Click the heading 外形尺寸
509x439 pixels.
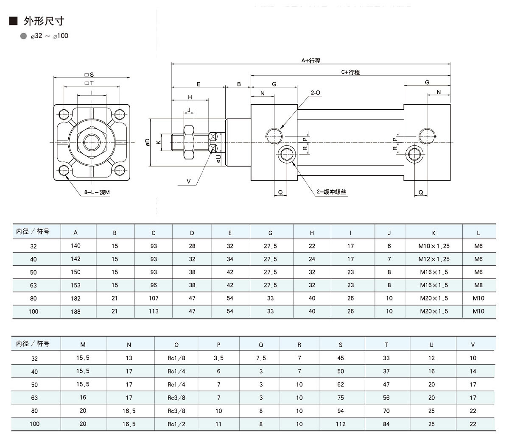click(x=41, y=21)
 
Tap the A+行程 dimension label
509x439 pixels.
click(x=310, y=61)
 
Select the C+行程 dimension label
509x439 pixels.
click(x=350, y=72)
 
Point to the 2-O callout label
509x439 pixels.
click(x=316, y=92)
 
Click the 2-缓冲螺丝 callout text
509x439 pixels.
click(x=332, y=192)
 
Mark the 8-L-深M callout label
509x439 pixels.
click(x=96, y=192)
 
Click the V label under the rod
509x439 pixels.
click(x=189, y=181)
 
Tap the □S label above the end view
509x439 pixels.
click(x=89, y=75)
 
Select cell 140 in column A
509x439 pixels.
click(x=76, y=246)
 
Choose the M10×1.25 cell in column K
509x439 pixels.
click(x=433, y=246)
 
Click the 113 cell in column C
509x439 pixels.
click(x=154, y=311)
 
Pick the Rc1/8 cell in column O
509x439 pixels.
click(x=176, y=358)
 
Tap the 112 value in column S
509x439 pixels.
click(x=341, y=424)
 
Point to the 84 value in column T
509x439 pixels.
click(x=386, y=424)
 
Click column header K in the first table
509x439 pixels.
click(x=433, y=233)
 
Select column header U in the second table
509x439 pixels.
click(x=431, y=345)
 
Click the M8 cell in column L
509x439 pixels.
click(x=478, y=285)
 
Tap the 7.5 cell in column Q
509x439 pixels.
click(x=261, y=358)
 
